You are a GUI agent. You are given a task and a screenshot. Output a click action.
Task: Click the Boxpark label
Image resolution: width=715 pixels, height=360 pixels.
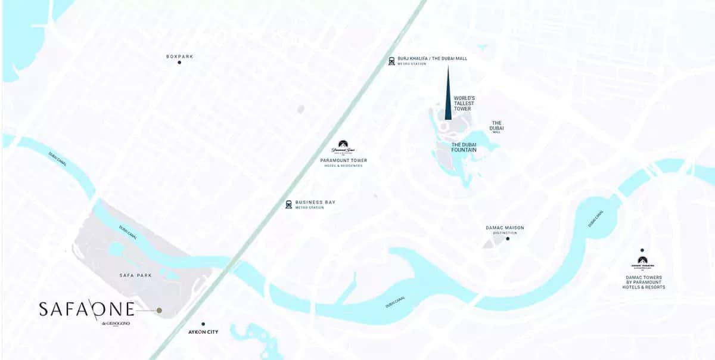click(179, 57)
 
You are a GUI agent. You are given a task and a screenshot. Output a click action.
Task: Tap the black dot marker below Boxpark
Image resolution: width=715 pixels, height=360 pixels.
click(179, 63)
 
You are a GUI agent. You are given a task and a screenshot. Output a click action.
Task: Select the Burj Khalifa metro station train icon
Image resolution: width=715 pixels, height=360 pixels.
click(391, 61)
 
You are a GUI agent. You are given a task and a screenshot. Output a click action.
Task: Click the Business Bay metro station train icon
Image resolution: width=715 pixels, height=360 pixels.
click(288, 204)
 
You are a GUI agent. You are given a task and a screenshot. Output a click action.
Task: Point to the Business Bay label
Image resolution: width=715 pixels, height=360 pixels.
click(315, 203)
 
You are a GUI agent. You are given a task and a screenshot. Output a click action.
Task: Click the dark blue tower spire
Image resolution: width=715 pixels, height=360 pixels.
click(448, 95)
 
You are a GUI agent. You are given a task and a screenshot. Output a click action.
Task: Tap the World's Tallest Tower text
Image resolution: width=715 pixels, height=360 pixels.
click(464, 103)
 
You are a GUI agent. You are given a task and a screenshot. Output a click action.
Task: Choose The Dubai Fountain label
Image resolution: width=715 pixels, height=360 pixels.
click(464, 147)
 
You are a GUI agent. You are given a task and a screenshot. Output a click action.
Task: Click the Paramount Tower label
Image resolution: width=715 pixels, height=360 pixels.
click(343, 160)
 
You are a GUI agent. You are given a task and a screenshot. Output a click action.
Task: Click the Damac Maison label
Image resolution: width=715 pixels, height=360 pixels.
click(505, 228)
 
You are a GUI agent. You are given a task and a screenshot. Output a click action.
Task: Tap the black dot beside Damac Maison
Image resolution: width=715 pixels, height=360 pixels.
click(508, 239)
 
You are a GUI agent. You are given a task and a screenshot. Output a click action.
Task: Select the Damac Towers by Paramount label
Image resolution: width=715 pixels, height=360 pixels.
click(645, 282)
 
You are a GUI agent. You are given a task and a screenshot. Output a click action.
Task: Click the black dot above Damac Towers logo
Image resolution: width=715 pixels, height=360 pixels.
click(642, 250)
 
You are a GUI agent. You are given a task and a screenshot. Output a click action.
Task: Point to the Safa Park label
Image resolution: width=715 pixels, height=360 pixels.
click(136, 275)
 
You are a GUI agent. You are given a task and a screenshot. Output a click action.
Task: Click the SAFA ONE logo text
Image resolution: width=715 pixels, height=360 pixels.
click(85, 309)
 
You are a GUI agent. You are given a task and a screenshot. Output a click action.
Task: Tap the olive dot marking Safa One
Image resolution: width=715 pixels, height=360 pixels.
click(159, 310)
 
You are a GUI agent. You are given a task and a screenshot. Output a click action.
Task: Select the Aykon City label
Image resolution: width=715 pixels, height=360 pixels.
click(203, 331)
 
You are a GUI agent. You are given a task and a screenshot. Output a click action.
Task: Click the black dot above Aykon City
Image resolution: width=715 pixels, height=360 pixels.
click(203, 324)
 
